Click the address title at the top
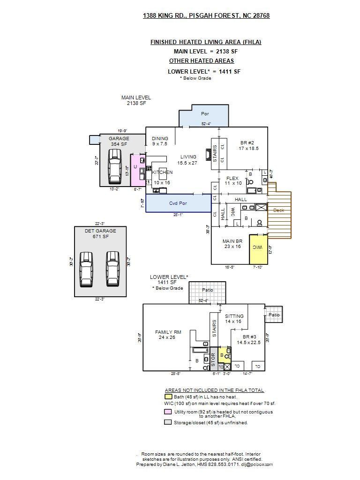[206, 15]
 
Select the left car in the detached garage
[86, 269]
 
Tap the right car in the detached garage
[112, 269]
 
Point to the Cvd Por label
[178, 203]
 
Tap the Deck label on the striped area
[279, 210]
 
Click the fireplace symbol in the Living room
[208, 155]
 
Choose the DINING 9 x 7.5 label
[160, 141]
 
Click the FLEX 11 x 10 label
[232, 180]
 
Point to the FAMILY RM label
[168, 334]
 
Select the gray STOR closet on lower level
[213, 359]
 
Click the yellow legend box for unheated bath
[167, 397]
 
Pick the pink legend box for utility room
[167, 412]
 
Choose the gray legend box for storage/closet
[167, 422]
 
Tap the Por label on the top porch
[205, 113]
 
